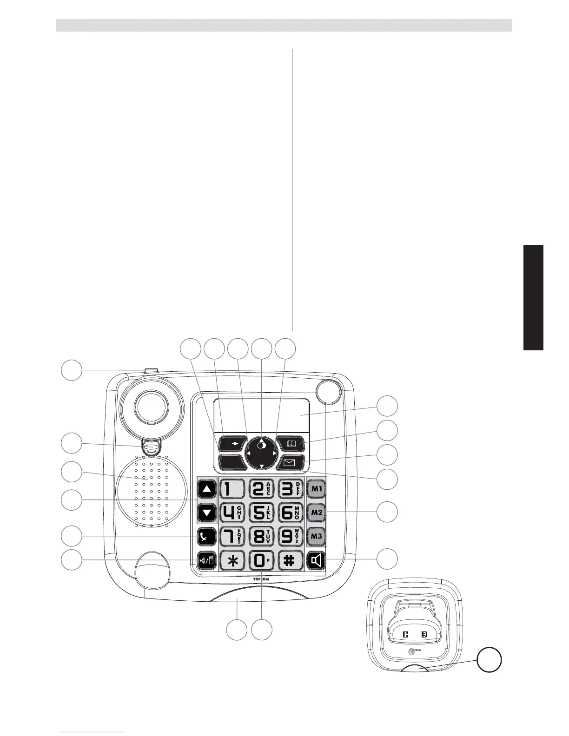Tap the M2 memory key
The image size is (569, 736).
[x=317, y=513]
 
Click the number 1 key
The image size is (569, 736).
[x=231, y=489]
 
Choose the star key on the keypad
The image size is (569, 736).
[x=231, y=560]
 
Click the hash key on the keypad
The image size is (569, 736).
[x=290, y=560]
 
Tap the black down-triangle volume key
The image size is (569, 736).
[x=207, y=513]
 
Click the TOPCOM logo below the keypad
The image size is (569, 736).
[x=260, y=580]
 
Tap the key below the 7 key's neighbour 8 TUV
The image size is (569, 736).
[x=261, y=560]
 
